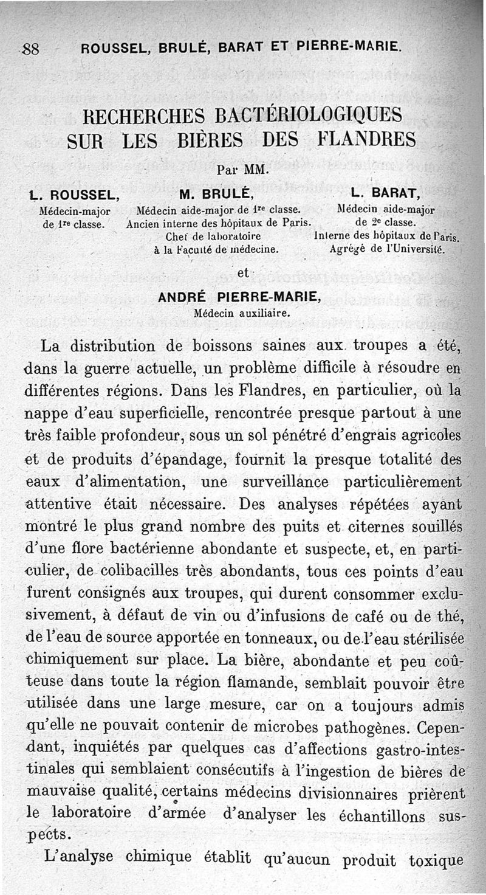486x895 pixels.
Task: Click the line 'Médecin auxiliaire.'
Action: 241,314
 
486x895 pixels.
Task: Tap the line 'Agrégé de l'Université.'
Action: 386,249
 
